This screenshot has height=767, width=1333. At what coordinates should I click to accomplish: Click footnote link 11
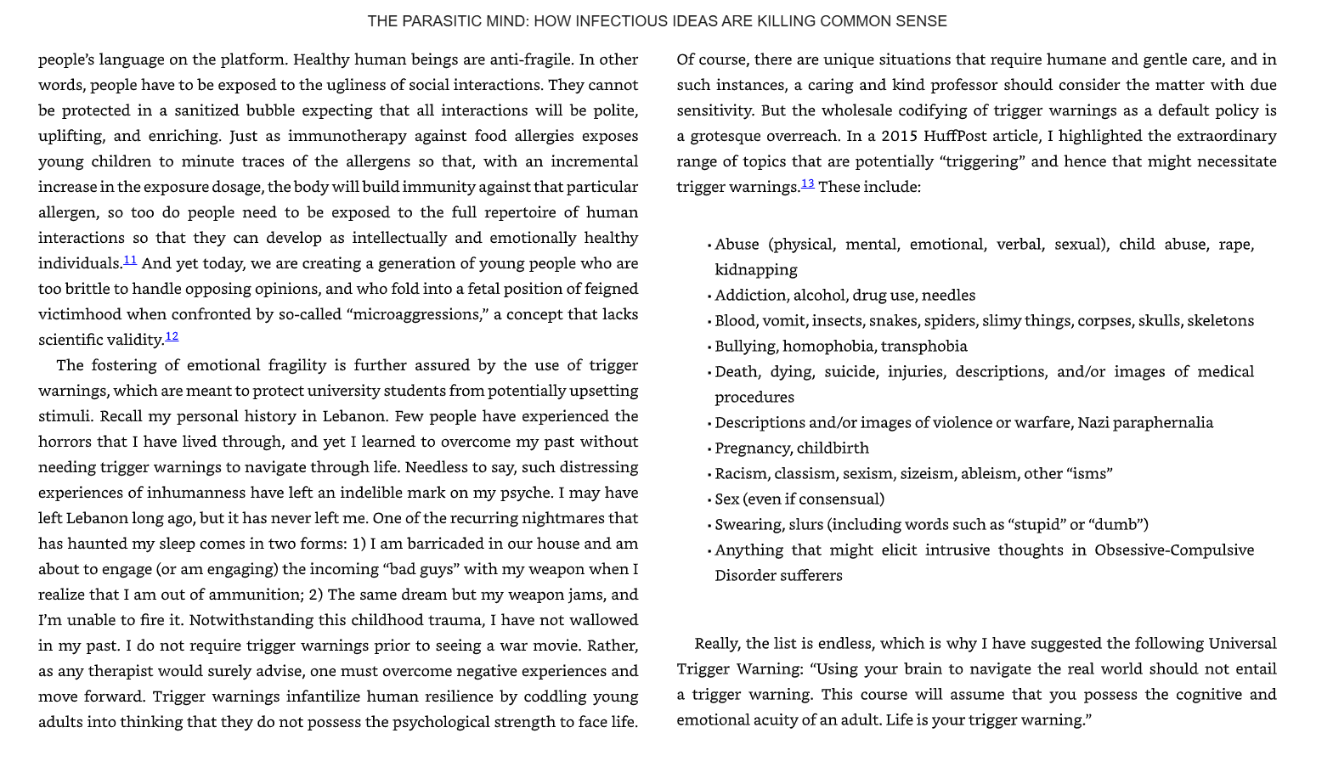tap(130, 260)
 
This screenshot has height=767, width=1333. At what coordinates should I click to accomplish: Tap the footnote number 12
tap(172, 336)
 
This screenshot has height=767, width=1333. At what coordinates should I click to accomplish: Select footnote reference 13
tap(807, 183)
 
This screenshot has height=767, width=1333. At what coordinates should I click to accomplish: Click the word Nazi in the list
tap(1094, 423)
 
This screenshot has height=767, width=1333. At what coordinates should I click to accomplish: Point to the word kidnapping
tap(755, 270)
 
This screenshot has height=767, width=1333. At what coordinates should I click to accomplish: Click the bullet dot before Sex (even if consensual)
tap(709, 500)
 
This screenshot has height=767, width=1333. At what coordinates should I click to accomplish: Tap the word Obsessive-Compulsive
tap(1173, 550)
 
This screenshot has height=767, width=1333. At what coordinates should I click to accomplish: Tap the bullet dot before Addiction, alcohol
tap(709, 296)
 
